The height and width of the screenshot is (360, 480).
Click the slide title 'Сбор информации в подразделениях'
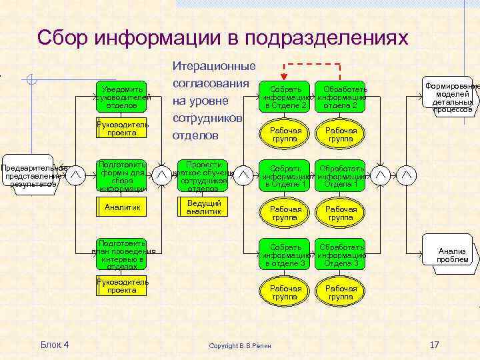222,38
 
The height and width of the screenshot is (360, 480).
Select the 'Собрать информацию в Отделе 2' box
285,97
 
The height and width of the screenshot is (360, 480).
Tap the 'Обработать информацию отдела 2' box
341,97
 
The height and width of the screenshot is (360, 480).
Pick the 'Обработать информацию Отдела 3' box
341,255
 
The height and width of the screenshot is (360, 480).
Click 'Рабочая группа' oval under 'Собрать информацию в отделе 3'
285,292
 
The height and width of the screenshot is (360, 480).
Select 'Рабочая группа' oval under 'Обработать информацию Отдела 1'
341,213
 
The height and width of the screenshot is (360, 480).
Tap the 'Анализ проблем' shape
453,255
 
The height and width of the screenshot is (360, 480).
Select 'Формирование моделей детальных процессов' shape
453,97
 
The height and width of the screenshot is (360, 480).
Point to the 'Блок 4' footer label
55,344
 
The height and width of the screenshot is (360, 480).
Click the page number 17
434,344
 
